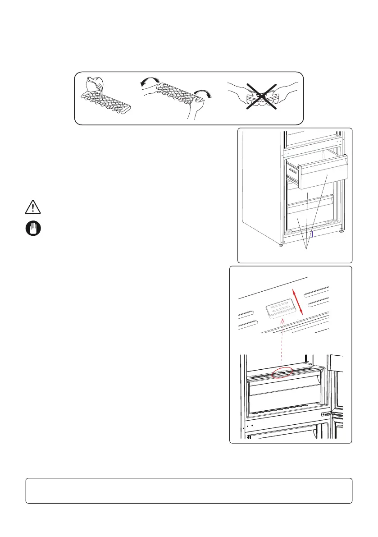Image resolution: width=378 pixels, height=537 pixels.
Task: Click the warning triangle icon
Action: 32,207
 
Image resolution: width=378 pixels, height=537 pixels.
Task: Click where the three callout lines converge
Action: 310,249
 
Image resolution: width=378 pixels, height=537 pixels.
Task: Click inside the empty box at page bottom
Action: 189,490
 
